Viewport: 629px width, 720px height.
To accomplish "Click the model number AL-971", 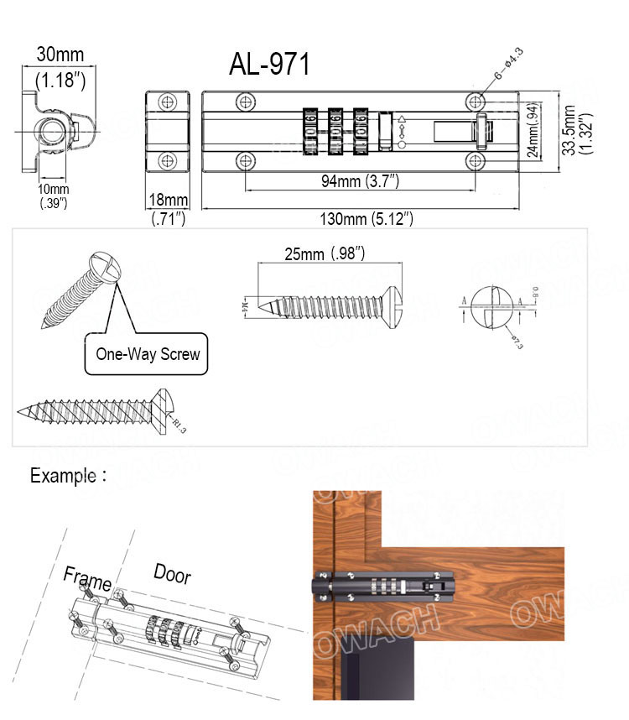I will (x=269, y=65).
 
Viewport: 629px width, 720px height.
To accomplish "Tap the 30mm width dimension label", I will (x=60, y=55).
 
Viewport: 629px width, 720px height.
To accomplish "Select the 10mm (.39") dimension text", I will (x=54, y=196).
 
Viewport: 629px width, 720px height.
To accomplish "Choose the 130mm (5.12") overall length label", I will (x=366, y=219).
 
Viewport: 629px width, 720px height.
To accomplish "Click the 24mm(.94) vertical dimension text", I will (x=533, y=131).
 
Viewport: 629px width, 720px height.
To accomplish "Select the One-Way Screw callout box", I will (x=148, y=353).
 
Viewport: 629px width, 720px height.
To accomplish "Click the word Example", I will (x=64, y=476).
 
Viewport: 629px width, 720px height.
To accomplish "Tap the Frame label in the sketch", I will (x=87, y=578).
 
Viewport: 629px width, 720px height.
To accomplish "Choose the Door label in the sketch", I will (x=172, y=574).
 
